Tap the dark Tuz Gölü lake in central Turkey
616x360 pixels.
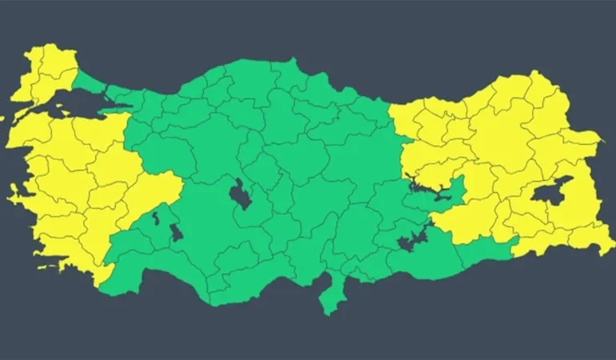239,194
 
